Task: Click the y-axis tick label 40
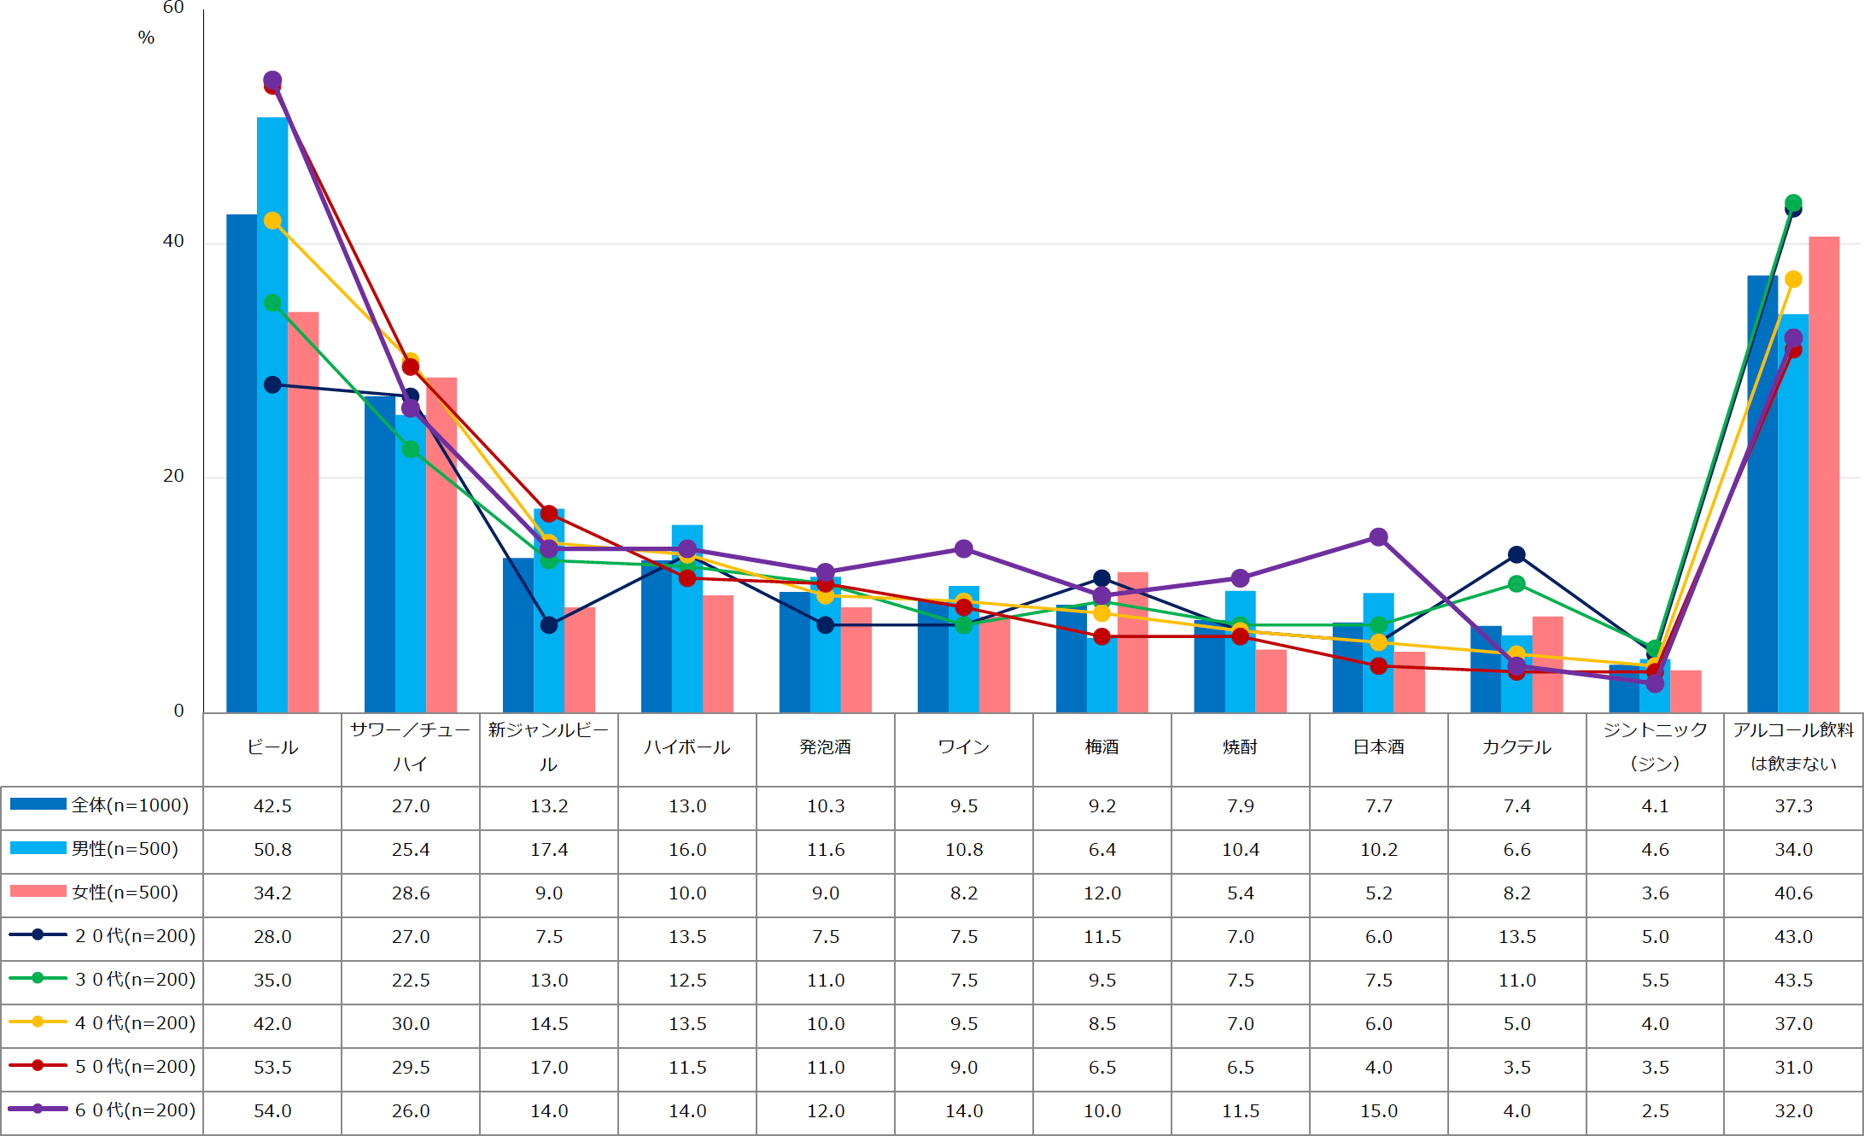click(x=173, y=242)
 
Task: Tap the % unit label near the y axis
click(x=146, y=38)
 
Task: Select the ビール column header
click(x=272, y=747)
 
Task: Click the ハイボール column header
click(x=687, y=747)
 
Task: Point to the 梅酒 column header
click(x=1102, y=747)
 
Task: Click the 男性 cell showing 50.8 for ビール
click(x=272, y=850)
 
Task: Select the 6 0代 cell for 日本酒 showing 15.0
click(x=1379, y=1111)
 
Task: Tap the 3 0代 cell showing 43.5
click(x=1793, y=981)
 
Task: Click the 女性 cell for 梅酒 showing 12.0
click(x=1102, y=893)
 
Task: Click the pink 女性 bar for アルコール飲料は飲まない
click(x=1824, y=470)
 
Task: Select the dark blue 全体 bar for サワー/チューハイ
click(x=379, y=555)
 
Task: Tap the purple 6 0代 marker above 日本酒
click(x=1378, y=537)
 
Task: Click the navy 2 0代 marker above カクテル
click(x=1516, y=555)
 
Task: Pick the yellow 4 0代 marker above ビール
click(x=272, y=221)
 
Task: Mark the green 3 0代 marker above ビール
click(x=272, y=303)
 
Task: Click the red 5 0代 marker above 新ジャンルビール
click(x=549, y=514)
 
